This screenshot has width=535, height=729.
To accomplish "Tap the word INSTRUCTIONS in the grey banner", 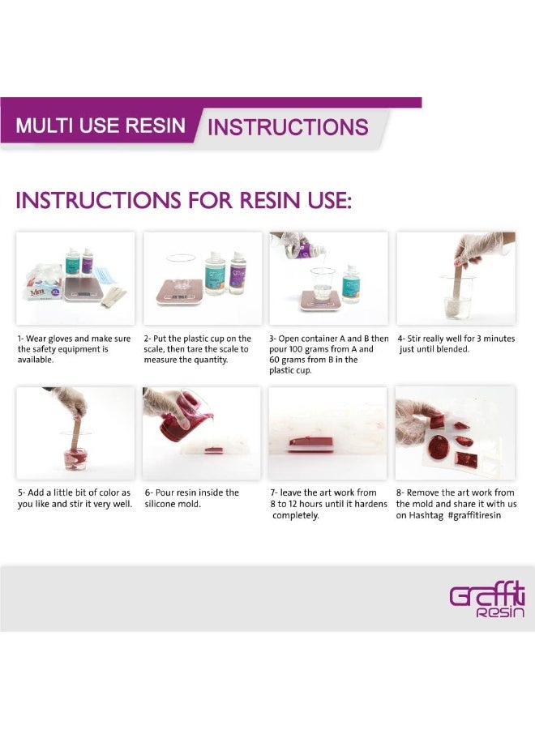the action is click(288, 127).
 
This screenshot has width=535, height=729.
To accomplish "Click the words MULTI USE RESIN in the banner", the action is click(101, 126).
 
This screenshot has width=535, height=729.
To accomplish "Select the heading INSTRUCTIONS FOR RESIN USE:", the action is click(184, 200).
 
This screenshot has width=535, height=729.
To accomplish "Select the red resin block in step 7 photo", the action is click(311, 442).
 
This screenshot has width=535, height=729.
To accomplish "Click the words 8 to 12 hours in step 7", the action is click(296, 504).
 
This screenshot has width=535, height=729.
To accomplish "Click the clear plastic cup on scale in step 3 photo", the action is click(323, 283).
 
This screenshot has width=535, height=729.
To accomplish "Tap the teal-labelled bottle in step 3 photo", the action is click(351, 284).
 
